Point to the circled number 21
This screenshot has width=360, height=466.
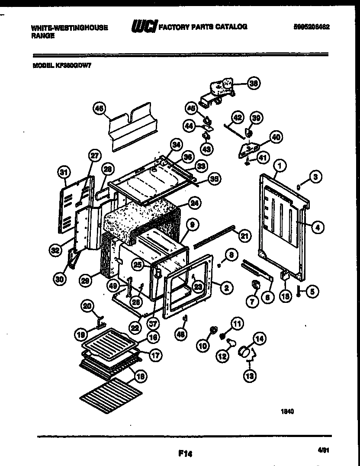coord(245,236)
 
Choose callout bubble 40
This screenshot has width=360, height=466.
coord(276,137)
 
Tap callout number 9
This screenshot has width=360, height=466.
coord(193,224)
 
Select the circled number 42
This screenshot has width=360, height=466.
coord(238,118)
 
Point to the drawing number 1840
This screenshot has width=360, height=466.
coord(288,412)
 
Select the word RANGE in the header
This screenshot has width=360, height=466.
coord(43,36)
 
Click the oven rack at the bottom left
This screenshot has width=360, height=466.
coord(112,393)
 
